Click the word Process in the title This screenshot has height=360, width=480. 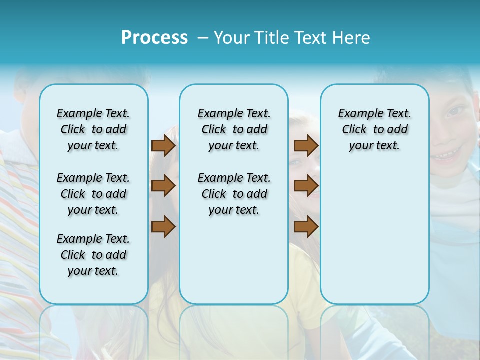154,38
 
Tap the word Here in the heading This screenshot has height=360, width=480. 351,38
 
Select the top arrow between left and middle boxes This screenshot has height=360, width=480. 163,146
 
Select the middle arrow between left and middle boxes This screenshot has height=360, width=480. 163,186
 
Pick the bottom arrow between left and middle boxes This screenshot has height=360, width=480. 163,227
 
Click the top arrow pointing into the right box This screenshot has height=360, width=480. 306,146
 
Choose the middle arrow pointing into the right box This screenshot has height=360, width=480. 306,186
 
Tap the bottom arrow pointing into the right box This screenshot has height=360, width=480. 306,227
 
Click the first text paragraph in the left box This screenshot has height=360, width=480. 93,129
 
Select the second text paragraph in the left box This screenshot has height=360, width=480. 93,194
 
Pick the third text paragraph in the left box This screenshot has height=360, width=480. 93,255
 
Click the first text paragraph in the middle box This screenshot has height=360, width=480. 234,129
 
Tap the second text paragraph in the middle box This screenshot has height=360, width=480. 234,194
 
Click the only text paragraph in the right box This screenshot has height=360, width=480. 374,129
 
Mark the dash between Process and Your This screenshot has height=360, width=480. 203,38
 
